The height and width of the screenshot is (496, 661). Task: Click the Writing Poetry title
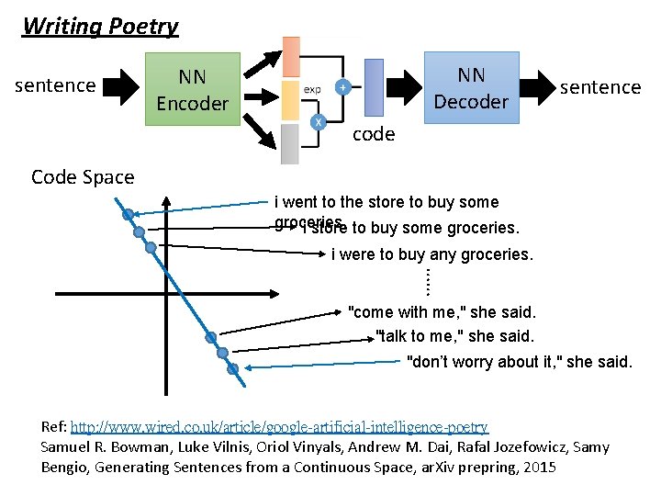coord(100,26)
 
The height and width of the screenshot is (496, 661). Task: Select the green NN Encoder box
coord(192,90)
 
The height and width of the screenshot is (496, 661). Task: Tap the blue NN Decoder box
coord(471,88)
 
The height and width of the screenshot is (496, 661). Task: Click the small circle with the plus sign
coord(342,87)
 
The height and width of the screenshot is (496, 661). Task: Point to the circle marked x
coord(319,121)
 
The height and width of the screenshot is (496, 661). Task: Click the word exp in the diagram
coord(312,90)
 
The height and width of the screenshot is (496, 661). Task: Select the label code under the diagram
coord(375,134)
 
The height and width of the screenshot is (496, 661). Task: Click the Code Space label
coord(83,177)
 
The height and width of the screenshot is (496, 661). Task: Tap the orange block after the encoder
coord(291,57)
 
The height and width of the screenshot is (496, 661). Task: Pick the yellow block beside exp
coord(291,99)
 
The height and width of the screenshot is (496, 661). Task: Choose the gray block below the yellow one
coord(291,143)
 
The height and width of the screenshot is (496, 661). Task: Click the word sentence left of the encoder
coord(56,85)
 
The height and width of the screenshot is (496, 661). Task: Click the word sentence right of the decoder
coord(600,87)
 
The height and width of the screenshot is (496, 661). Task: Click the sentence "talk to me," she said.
coord(454,337)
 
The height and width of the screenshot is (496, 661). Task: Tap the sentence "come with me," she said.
coord(442,312)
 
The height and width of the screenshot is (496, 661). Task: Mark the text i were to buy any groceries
coord(431,254)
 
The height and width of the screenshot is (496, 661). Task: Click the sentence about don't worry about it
coord(520,362)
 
